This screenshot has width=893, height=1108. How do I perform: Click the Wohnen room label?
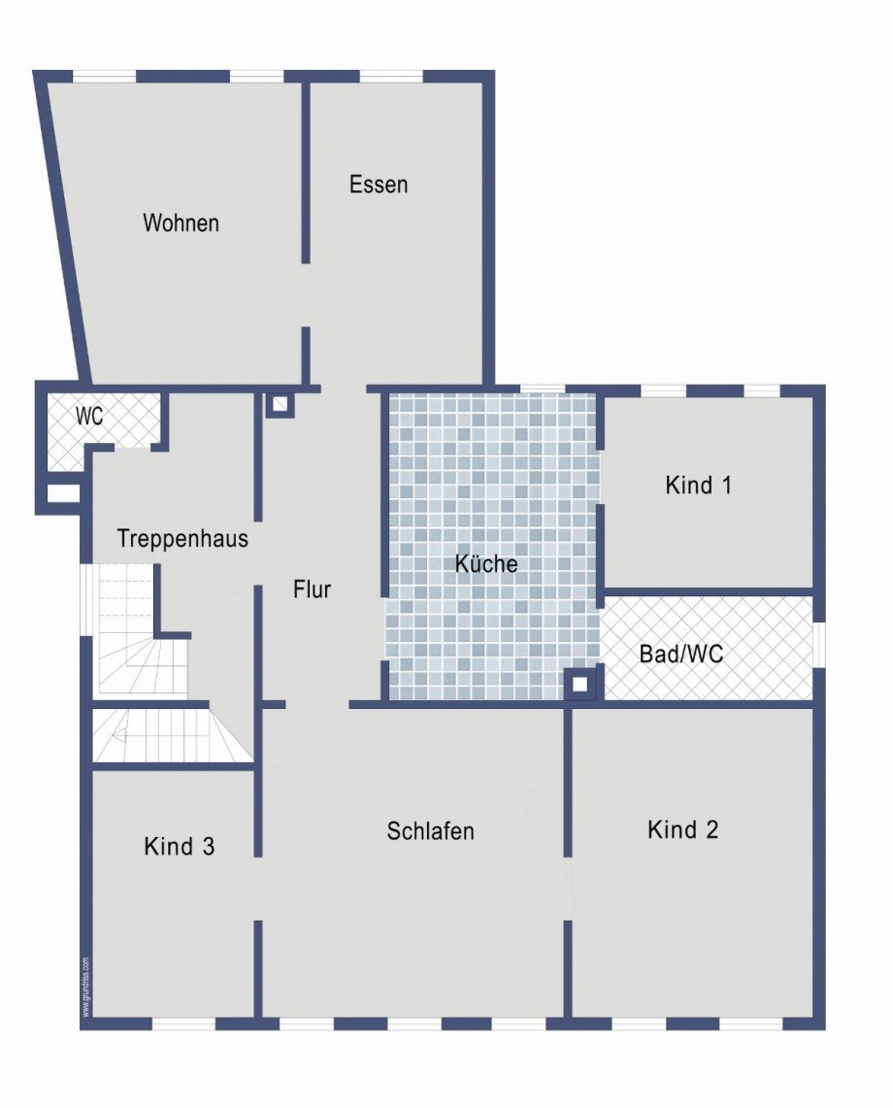(x=181, y=222)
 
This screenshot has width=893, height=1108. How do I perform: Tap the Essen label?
(x=379, y=185)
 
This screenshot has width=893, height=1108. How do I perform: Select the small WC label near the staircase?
(x=90, y=417)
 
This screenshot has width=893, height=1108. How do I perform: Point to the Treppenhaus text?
(x=182, y=538)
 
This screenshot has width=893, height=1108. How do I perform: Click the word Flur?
(x=313, y=588)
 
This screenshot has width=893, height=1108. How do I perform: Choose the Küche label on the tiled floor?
(x=486, y=563)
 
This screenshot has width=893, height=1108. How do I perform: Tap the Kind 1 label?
(x=698, y=485)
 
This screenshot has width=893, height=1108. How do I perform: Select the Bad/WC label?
(x=680, y=654)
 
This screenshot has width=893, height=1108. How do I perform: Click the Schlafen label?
(x=430, y=831)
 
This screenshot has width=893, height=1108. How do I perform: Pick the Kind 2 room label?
(x=683, y=829)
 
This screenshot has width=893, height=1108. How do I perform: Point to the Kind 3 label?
(x=179, y=846)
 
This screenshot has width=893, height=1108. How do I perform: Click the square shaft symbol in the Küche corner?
(x=579, y=684)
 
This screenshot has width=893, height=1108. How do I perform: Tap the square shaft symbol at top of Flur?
(x=281, y=403)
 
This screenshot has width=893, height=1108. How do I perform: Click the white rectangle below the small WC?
(x=63, y=492)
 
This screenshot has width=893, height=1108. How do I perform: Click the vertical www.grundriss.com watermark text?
(x=85, y=986)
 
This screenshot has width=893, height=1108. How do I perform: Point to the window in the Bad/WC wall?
(x=818, y=644)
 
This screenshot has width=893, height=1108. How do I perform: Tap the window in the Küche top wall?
(x=543, y=389)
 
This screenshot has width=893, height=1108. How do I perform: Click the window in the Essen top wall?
(x=391, y=76)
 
